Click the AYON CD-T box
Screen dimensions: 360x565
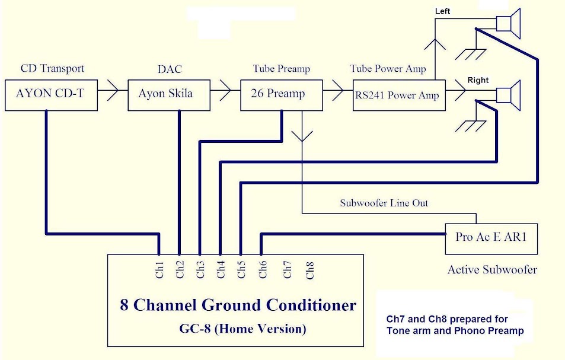click(50, 94)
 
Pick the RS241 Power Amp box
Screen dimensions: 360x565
click(398, 94)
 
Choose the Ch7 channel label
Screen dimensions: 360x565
click(288, 270)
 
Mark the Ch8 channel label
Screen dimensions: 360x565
click(309, 270)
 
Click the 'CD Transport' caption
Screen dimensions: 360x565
click(53, 69)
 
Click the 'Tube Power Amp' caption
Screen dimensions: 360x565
click(388, 69)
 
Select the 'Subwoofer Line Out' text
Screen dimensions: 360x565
click(384, 203)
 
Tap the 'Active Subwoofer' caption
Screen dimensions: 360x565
click(492, 270)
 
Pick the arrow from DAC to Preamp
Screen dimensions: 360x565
click(224, 91)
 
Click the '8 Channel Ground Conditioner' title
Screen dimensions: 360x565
click(238, 305)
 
